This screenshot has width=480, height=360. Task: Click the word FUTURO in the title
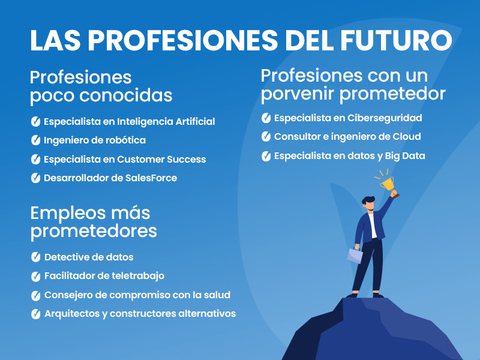pyautogui.click(x=396, y=40)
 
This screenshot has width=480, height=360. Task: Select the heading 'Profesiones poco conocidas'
pyautogui.click(x=101, y=86)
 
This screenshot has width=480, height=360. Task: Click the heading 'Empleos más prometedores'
pyautogui.click(x=94, y=222)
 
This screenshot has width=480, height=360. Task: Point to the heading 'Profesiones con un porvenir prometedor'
pyautogui.click(x=353, y=85)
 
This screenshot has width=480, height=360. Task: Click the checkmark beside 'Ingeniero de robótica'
pyautogui.click(x=35, y=140)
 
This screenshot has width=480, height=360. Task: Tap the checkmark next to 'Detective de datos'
pyautogui.click(x=35, y=257)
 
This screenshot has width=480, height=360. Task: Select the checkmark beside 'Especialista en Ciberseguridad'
pyautogui.click(x=266, y=118)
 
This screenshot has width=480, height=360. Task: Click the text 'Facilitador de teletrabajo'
pyautogui.click(x=104, y=276)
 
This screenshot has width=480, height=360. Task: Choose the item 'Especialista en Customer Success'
pyautogui.click(x=125, y=159)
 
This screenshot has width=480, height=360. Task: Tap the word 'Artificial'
pyautogui.click(x=196, y=122)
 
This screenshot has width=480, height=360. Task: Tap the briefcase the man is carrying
pyautogui.click(x=355, y=255)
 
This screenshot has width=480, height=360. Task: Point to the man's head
pyautogui.click(x=368, y=203)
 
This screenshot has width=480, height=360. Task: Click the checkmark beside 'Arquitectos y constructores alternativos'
pyautogui.click(x=35, y=314)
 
